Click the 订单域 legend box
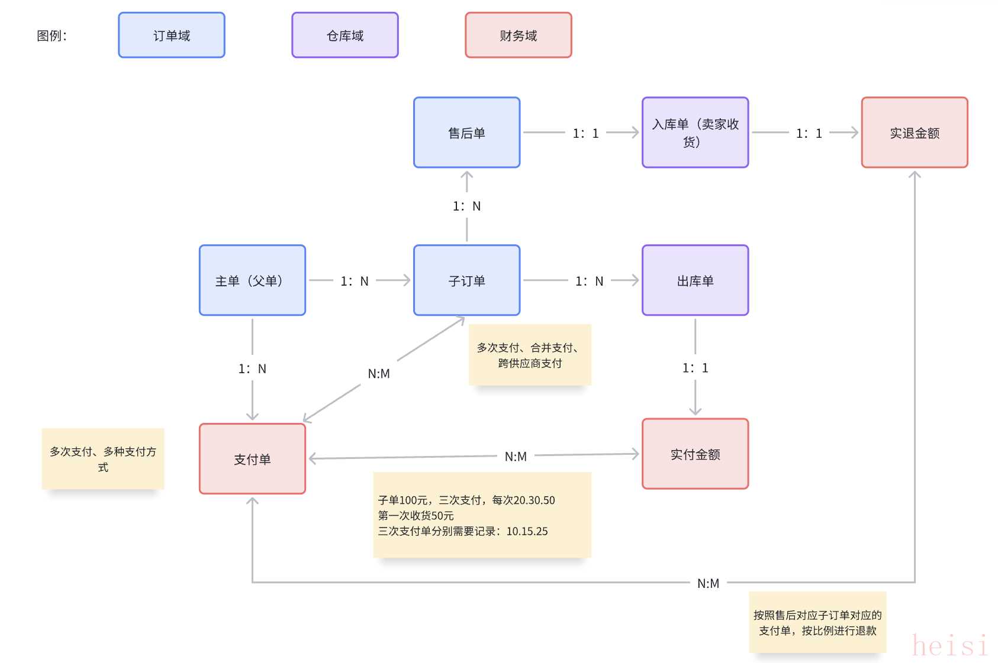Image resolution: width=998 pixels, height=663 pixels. point(172,35)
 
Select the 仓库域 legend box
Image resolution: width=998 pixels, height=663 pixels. point(345,35)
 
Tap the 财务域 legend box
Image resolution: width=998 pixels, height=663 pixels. point(519,35)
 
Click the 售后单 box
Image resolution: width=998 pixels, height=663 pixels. point(467,133)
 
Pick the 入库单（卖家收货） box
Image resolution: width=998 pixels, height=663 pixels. point(696,133)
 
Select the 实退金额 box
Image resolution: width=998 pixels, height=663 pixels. point(915,133)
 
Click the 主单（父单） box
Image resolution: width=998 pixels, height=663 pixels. point(253,281)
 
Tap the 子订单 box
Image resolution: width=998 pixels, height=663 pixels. point(467,281)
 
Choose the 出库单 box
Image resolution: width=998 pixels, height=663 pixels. point(696,281)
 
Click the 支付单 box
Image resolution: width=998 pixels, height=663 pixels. point(253,459)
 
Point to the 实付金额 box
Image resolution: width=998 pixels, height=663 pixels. point(696,454)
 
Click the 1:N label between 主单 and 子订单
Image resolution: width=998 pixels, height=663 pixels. point(355,282)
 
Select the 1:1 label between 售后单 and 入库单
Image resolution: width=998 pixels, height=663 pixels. point(585,134)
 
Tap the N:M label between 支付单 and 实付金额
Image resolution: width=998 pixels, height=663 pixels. point(516,457)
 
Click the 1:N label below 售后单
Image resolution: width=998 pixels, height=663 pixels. point(467,206)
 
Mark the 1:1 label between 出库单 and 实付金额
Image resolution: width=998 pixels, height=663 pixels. point(696,368)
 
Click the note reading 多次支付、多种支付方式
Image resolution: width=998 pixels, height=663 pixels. point(103,459)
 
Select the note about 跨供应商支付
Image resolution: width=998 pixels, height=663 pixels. point(530,355)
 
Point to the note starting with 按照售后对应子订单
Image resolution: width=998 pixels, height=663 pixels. point(817,623)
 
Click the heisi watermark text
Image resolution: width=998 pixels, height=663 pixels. point(950,645)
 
